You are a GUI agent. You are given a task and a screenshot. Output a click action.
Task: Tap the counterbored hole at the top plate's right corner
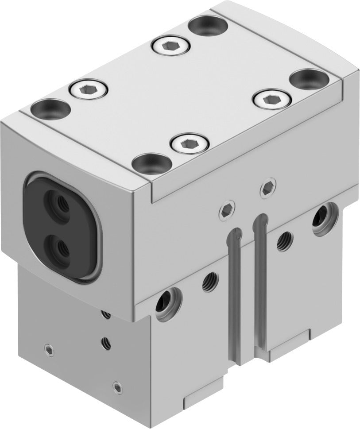310,80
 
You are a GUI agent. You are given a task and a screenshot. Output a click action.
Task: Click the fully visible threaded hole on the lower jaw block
106,341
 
